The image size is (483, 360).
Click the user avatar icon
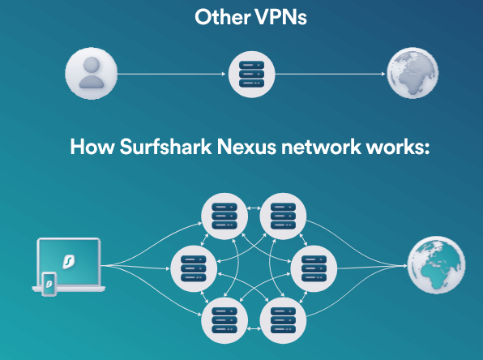pos(92,73)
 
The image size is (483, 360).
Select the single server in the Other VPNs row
pos(252,75)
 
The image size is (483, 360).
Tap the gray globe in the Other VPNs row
pos(412,73)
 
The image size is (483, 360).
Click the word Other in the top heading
pos(222,17)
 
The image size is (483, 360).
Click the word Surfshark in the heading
pos(165,146)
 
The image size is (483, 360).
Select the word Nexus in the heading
pos(246,147)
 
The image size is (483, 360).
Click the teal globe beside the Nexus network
pos(436,265)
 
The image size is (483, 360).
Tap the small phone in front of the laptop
pos(49,284)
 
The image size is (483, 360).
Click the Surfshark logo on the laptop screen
pos(69,261)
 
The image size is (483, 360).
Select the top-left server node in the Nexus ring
pos(224,216)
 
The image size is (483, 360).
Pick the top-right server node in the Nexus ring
pos(283,216)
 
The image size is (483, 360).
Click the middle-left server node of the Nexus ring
pos(194,268)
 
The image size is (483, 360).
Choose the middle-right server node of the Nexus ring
pos(314,268)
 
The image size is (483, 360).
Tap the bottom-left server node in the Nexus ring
pos(224,320)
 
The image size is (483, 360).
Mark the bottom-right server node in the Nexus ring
pos(283,320)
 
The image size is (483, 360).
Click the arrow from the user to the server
pos(172,74)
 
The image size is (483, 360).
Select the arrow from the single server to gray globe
pos(330,74)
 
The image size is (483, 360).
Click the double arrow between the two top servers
pos(254,208)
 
